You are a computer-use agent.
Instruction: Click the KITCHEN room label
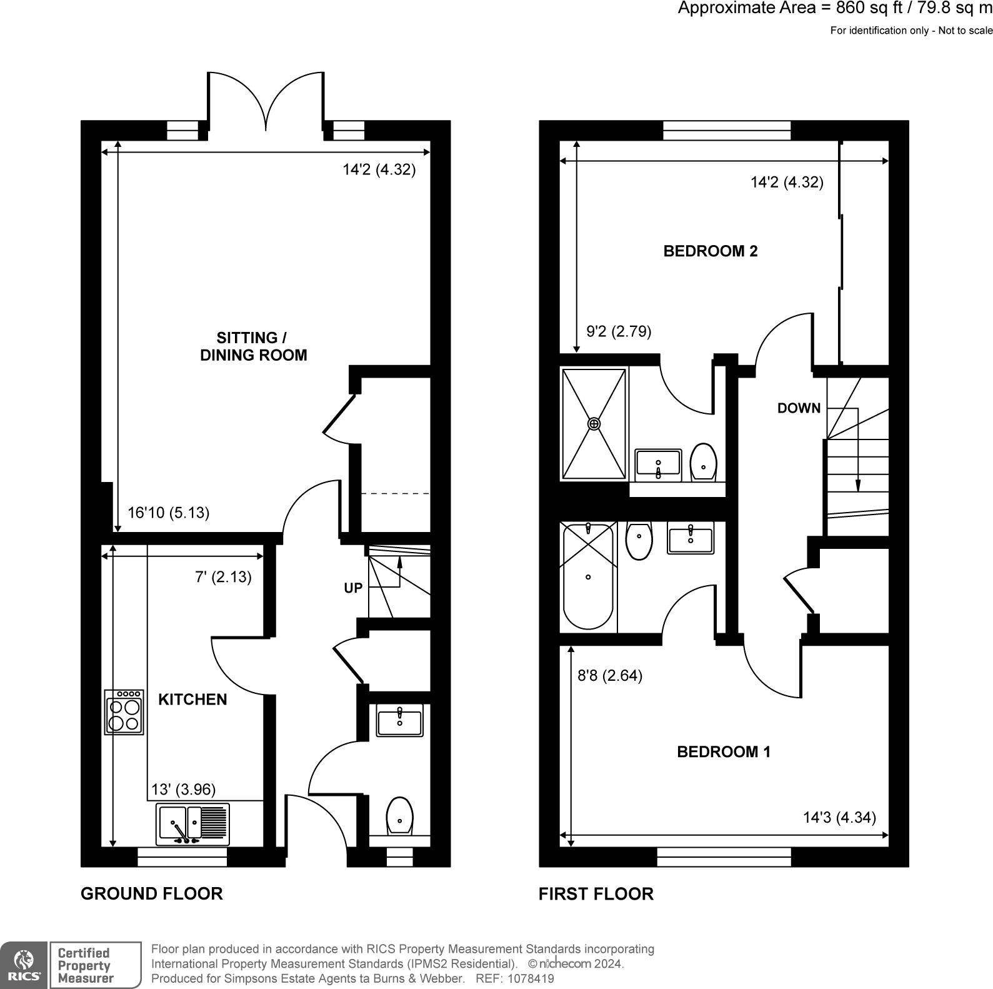tap(192, 700)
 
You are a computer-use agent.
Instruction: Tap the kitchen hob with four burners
tap(124, 712)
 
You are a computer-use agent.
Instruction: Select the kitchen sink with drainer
tap(193, 823)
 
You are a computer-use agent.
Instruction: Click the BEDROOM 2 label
tap(710, 251)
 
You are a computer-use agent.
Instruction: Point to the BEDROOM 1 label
tap(724, 751)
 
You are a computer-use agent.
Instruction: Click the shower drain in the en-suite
tap(594, 424)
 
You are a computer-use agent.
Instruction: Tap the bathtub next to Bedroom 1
tap(588, 576)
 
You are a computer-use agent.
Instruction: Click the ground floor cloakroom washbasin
tap(399, 720)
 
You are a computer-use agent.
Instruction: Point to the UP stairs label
tap(353, 588)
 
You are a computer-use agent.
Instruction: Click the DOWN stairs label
tap(799, 408)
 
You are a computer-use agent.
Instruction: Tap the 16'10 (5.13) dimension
tap(168, 513)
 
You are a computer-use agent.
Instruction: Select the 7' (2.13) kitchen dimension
tap(223, 577)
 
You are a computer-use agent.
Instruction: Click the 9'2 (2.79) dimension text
tap(619, 331)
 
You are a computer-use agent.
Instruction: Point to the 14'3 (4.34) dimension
tap(839, 817)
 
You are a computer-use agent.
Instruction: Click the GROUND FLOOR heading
tap(152, 894)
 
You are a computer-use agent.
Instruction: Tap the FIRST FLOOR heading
tap(596, 894)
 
